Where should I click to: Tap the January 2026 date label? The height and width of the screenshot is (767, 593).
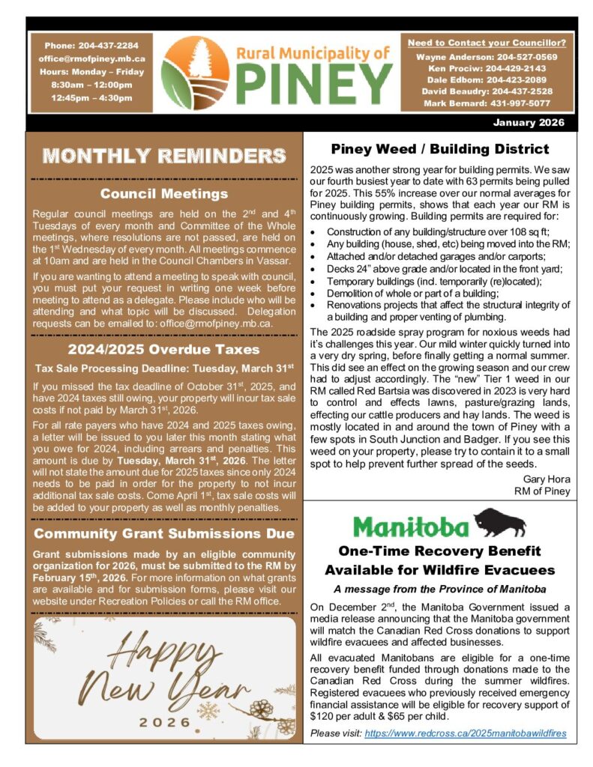coord(529,123)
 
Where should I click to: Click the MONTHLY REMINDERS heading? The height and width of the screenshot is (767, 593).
coord(164,156)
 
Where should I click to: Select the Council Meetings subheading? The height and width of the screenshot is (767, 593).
coord(164,194)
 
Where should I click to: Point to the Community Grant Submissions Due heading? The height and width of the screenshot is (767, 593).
coord(164,534)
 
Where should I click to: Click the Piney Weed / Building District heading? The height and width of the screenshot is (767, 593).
coord(440,149)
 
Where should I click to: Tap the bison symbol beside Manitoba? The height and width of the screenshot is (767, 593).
coord(500,523)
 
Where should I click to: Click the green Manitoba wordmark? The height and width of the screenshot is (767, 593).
coord(411,526)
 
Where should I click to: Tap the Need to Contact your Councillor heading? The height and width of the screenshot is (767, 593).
coord(487,42)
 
